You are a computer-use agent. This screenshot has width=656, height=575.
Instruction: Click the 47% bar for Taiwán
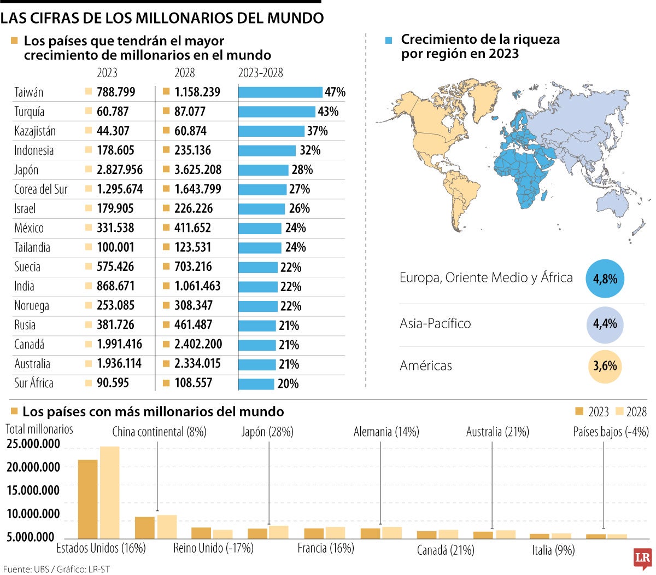[x=280, y=92]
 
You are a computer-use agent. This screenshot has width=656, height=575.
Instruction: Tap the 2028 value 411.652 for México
[x=192, y=228]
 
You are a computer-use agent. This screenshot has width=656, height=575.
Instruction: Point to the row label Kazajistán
[x=34, y=131]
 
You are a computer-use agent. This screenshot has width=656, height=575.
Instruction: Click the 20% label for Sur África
[x=288, y=384]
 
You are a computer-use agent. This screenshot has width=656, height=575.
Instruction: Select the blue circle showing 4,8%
[x=605, y=278]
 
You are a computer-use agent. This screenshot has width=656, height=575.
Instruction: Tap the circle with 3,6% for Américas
[x=605, y=366]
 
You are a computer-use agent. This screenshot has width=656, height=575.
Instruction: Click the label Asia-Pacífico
[x=435, y=323]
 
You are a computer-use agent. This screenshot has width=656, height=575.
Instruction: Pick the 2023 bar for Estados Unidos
[x=87, y=499]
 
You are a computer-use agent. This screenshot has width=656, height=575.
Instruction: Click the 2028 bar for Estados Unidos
[x=109, y=492]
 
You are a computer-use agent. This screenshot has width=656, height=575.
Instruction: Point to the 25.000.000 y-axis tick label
[x=33, y=444]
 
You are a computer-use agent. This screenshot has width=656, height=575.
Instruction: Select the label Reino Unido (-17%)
[x=213, y=548]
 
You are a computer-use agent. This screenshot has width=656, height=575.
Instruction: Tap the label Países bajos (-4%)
[x=611, y=432]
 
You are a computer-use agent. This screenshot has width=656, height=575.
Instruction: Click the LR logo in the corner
[x=642, y=559]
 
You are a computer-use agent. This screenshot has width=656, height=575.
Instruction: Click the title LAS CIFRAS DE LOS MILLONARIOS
[x=162, y=18]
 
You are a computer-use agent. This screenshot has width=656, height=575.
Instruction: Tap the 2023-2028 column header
[x=260, y=73]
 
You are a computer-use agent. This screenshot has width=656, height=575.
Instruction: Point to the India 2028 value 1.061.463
[x=197, y=286]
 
